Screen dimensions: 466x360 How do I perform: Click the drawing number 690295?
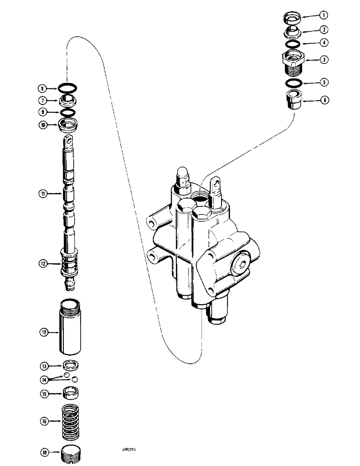(135, 451)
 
